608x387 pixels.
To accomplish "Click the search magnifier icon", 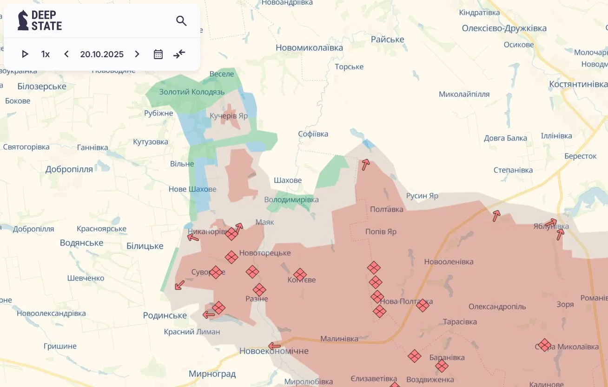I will click(181, 20).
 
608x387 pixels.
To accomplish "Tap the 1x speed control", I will click(46, 54).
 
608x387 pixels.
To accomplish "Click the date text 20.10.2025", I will click(102, 54).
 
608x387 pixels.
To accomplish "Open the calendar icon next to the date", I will click(158, 54).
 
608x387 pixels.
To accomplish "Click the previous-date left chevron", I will click(66, 54).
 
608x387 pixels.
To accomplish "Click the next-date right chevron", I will click(137, 54).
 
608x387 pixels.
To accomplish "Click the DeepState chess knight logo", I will click(23, 20).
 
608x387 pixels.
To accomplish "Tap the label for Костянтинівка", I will click(578, 84).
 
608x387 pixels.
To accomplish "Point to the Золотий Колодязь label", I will click(192, 92).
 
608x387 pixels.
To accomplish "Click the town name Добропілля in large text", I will click(69, 169).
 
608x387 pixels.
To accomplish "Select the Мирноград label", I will click(212, 374).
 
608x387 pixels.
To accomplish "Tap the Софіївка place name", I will click(313, 134).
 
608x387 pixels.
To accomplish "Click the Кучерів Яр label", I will click(229, 115).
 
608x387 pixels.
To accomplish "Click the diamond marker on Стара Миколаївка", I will click(545, 345).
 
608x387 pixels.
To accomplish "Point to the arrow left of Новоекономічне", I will click(275, 346).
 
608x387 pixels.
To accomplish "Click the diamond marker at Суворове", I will click(216, 272).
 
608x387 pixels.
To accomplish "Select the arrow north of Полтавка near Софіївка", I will click(366, 164).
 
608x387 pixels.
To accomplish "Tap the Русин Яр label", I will click(422, 196).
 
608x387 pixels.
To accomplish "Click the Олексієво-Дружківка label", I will click(504, 28).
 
